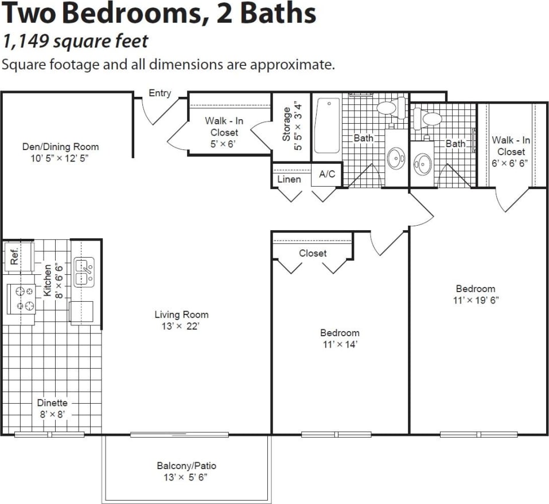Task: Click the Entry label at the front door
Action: [159, 93]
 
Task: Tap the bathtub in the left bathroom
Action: [327, 125]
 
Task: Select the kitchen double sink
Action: [84, 273]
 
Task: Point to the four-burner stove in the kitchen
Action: [21, 298]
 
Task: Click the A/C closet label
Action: [327, 174]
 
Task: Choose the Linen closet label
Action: [289, 179]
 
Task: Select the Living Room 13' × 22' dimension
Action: [181, 326]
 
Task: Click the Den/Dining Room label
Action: [60, 147]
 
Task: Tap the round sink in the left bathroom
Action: [396, 159]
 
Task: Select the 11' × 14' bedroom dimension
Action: [340, 344]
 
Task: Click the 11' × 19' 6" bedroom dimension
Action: [475, 300]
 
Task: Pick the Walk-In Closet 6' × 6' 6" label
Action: [511, 151]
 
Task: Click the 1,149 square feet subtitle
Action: [75, 41]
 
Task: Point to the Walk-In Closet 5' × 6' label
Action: [224, 133]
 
